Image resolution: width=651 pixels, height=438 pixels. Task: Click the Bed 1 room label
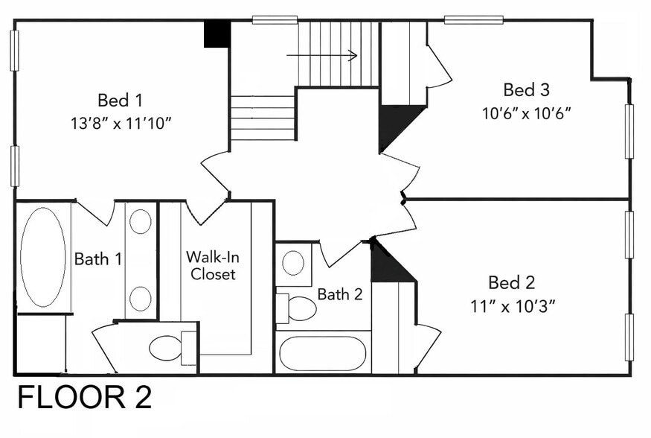(120, 100)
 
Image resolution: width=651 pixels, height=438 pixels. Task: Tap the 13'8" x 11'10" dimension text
(121, 123)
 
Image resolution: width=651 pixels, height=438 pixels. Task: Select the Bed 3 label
(527, 90)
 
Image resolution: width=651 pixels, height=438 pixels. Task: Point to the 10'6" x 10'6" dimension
(527, 113)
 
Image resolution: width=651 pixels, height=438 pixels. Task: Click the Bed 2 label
(512, 282)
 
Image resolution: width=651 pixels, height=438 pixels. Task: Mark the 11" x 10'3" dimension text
(513, 307)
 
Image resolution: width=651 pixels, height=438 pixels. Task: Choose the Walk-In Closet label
(213, 265)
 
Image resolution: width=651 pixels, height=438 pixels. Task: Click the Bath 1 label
(98, 259)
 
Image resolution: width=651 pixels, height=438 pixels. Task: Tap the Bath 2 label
(340, 294)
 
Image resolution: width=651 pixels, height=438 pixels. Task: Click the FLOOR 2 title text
(85, 397)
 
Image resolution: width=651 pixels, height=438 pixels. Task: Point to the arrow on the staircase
(321, 55)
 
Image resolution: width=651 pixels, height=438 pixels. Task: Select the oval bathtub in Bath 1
(43, 258)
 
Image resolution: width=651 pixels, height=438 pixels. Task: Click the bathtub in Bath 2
(323, 353)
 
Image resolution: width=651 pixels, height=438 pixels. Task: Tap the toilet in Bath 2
(296, 308)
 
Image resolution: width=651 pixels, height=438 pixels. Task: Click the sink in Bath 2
(293, 263)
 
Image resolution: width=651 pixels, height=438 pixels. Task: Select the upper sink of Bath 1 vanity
(141, 221)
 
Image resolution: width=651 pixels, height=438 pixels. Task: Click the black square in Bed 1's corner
(217, 34)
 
